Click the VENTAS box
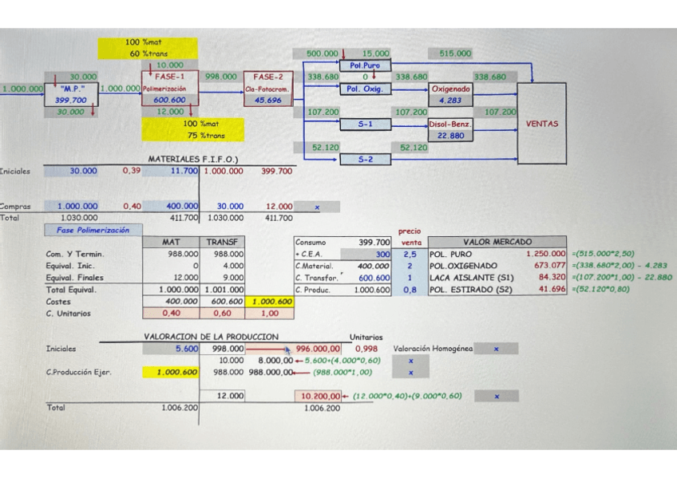point(541,124)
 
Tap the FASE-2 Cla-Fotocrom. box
point(268,89)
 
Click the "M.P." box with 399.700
point(72,95)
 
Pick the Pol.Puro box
point(364,65)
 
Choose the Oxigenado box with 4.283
point(451,95)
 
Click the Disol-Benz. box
point(451,129)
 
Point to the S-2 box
point(364,160)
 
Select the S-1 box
point(364,124)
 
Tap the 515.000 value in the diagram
point(455,53)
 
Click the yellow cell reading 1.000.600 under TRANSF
point(271,302)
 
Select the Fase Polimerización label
point(93,230)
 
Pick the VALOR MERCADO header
point(498,242)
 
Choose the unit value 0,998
point(366,349)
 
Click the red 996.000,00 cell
point(319,349)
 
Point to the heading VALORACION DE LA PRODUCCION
point(211,337)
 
